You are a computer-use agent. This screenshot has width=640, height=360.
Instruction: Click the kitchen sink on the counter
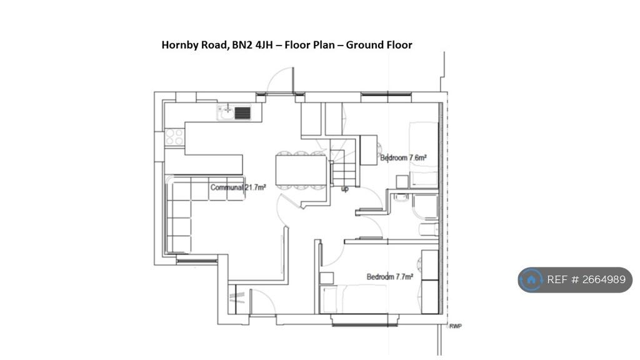pos(234,112)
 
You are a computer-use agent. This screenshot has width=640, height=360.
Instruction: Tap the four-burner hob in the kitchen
pos(174,137)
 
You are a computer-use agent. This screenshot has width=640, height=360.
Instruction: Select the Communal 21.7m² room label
pos(238,187)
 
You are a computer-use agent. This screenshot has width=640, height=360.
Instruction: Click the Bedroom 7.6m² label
pos(403,158)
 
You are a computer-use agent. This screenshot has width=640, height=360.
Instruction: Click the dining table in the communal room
pos(301,170)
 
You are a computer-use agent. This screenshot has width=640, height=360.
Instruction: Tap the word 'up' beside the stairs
pos(344,189)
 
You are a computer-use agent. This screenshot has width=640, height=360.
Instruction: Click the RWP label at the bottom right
pos(456,326)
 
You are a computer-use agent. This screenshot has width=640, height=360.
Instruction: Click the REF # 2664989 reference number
pos(586,279)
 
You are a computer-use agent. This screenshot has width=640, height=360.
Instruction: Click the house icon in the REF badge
pos(531,279)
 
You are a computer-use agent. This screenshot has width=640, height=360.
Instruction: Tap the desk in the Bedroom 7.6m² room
pos(369,150)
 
